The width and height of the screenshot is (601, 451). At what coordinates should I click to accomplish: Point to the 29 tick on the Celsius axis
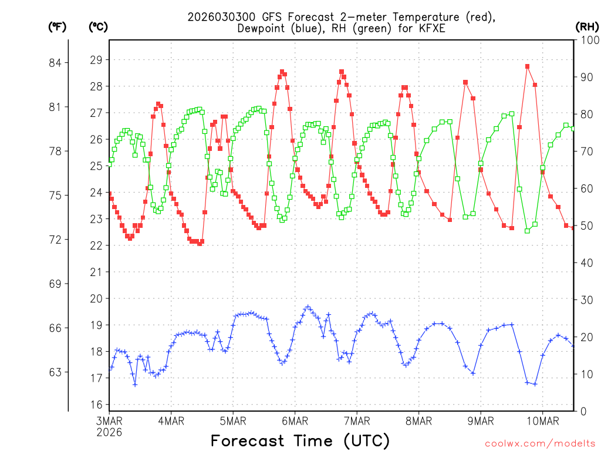[x=96, y=60]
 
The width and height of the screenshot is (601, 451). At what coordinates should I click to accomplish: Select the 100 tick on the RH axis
[x=587, y=40]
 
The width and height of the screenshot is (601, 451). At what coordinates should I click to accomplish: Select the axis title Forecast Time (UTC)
[x=300, y=440]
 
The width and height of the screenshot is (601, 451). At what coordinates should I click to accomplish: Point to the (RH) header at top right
[x=587, y=26]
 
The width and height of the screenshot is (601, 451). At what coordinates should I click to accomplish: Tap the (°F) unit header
[x=58, y=26]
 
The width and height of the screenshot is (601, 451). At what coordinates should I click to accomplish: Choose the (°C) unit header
[x=98, y=26]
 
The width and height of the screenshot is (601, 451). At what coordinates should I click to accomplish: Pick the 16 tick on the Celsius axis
[x=96, y=405]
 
